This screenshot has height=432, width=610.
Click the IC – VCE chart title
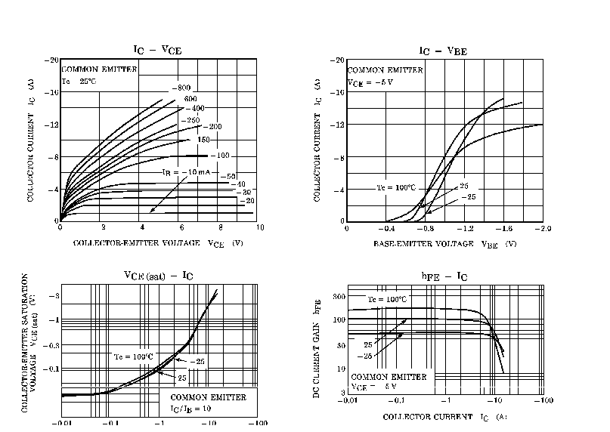(x=157, y=50)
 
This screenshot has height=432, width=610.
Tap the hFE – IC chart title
(x=444, y=276)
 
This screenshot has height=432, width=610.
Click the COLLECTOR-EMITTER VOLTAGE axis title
(x=158, y=244)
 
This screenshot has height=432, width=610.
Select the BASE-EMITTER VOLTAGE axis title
(x=444, y=244)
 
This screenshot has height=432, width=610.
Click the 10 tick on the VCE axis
(x=259, y=227)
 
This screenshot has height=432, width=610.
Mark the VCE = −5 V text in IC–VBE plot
(x=370, y=82)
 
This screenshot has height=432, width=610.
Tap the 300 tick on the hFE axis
(x=339, y=296)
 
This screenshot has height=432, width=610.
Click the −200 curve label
(x=214, y=127)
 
